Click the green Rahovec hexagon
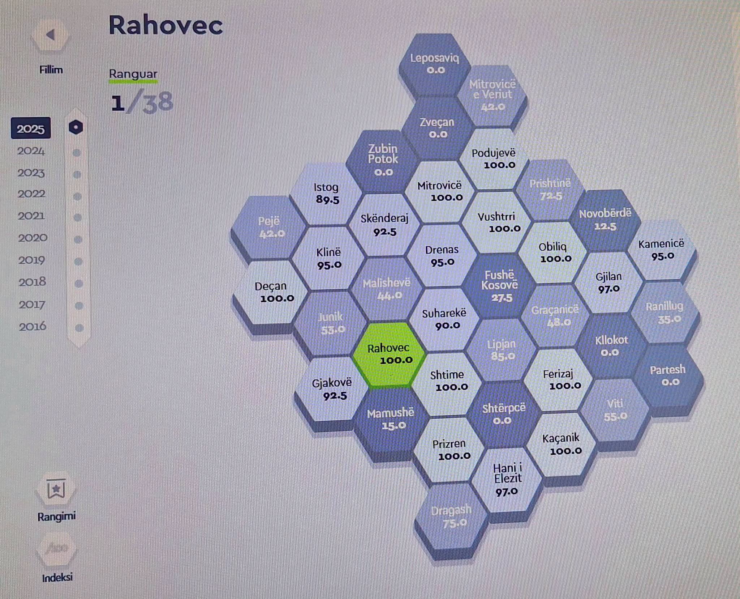pyautogui.click(x=388, y=354)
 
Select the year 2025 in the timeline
pyautogui.click(x=31, y=128)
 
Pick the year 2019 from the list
pyautogui.click(x=32, y=260)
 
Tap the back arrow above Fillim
pyautogui.click(x=51, y=35)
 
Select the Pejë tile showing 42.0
pyautogui.click(x=269, y=227)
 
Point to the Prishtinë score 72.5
pyautogui.click(x=551, y=196)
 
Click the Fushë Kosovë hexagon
pyautogui.click(x=500, y=286)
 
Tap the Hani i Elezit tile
pyautogui.click(x=507, y=480)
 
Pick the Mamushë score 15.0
pyautogui.click(x=394, y=426)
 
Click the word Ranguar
pyautogui.click(x=133, y=74)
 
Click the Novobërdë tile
pyautogui.click(x=605, y=220)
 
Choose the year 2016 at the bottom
pyautogui.click(x=33, y=327)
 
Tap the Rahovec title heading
pyautogui.click(x=165, y=26)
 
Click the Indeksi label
pyautogui.click(x=57, y=578)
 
